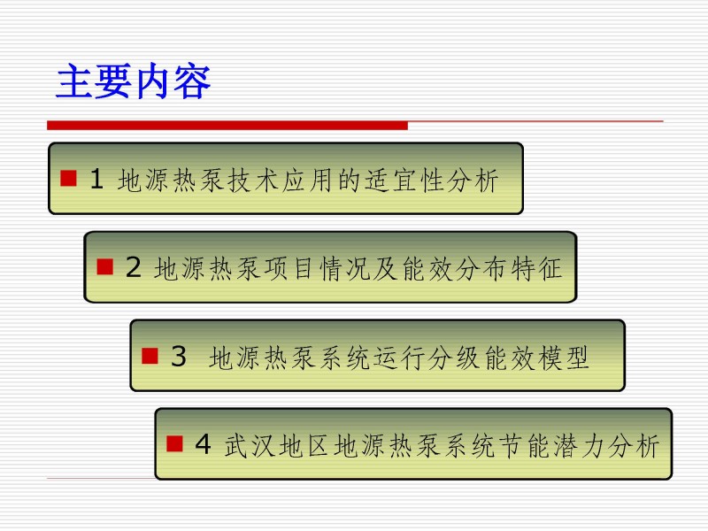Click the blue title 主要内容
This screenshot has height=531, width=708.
pos(134,81)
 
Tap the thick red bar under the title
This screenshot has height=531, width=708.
pos(227,126)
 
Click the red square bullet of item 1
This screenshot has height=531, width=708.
pos(68,178)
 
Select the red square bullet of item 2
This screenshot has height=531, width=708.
pos(104,266)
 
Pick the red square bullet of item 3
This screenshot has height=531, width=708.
pos(150,356)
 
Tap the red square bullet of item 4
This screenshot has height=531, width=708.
pos(174,443)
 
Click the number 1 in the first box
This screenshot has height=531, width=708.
pos(96,179)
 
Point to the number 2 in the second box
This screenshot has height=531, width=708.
pos(134,267)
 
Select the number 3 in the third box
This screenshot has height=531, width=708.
pos(179,356)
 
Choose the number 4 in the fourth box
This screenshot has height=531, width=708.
pos(204,444)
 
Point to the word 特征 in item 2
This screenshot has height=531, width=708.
pos(537,268)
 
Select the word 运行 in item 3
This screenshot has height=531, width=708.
pos(401,358)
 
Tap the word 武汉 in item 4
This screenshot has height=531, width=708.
pos(250,446)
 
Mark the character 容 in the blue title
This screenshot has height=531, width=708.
pos(192,81)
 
